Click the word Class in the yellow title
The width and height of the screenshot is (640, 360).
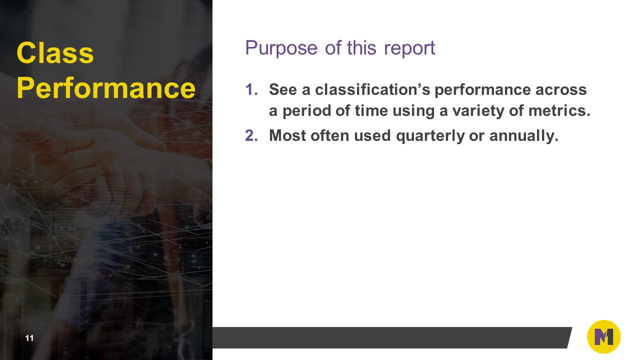click(55, 53)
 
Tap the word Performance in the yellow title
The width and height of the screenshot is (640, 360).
click(105, 88)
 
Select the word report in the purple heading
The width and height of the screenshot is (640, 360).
click(409, 48)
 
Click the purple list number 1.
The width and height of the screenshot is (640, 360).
click(251, 90)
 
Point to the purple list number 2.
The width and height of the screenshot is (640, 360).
click(251, 135)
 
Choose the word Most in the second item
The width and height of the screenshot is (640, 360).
click(287, 135)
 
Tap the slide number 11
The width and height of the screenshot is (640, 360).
click(29, 338)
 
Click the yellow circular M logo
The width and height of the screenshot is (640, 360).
click(603, 337)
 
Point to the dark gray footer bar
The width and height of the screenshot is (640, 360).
click(390, 337)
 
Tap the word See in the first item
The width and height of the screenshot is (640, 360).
click(283, 90)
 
